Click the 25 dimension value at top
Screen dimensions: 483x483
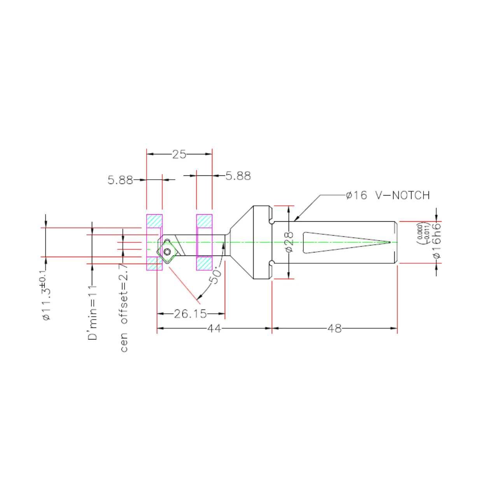(179, 154)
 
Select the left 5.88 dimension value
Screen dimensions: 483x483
(120, 180)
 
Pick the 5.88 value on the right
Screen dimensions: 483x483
(238, 176)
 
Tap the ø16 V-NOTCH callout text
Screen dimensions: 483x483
(388, 195)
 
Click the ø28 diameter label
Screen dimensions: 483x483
(289, 242)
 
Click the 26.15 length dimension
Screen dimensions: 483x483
(191, 314)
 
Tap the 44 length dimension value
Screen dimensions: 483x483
(214, 328)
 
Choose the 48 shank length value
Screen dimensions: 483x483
(334, 328)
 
